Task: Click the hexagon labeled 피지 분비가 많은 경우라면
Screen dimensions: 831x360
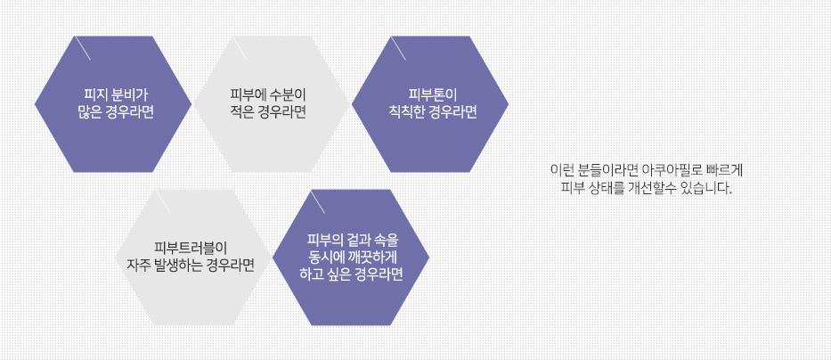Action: [113, 104]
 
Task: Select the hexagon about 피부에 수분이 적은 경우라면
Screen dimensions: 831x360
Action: [272, 104]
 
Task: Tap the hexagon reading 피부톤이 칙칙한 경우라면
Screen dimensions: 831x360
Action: [430, 104]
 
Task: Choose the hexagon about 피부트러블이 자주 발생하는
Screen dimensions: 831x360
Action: [193, 258]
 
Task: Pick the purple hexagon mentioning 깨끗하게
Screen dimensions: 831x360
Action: [351, 258]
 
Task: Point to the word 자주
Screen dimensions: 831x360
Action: [138, 265]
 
